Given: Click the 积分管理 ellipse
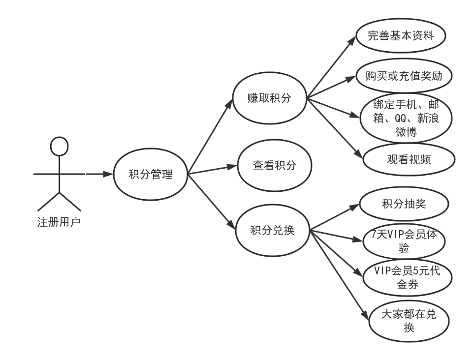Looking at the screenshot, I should pyautogui.click(x=151, y=174).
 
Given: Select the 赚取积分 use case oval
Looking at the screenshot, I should pyautogui.click(x=269, y=98).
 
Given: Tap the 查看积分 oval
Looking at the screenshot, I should pyautogui.click(x=274, y=166).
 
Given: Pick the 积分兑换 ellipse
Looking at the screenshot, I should pyautogui.click(x=272, y=230).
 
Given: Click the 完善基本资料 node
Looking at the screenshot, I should pyautogui.click(x=401, y=36).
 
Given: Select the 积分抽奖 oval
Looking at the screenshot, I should pyautogui.click(x=404, y=203).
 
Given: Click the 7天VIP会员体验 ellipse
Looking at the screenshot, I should pyautogui.click(x=404, y=240).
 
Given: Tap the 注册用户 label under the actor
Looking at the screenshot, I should pyautogui.click(x=59, y=221).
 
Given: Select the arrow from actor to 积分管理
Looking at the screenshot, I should pyautogui.click(x=98, y=174).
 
